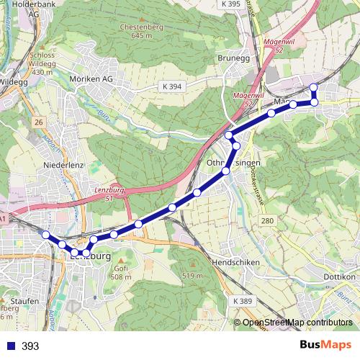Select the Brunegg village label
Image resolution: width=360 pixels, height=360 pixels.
(x=232, y=60)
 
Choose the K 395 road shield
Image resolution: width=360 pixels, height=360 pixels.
(x=231, y=4)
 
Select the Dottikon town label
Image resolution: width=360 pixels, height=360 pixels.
(x=341, y=276)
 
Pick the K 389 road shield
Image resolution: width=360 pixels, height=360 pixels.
(x=244, y=300)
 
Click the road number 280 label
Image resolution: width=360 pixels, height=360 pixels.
(x=267, y=220)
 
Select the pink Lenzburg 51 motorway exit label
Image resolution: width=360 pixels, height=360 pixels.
(x=105, y=193)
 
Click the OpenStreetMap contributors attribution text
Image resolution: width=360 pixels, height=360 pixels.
(x=297, y=322)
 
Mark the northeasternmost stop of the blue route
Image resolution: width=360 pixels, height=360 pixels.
(x=313, y=88)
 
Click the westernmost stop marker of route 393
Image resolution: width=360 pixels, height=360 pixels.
(x=45, y=235)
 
